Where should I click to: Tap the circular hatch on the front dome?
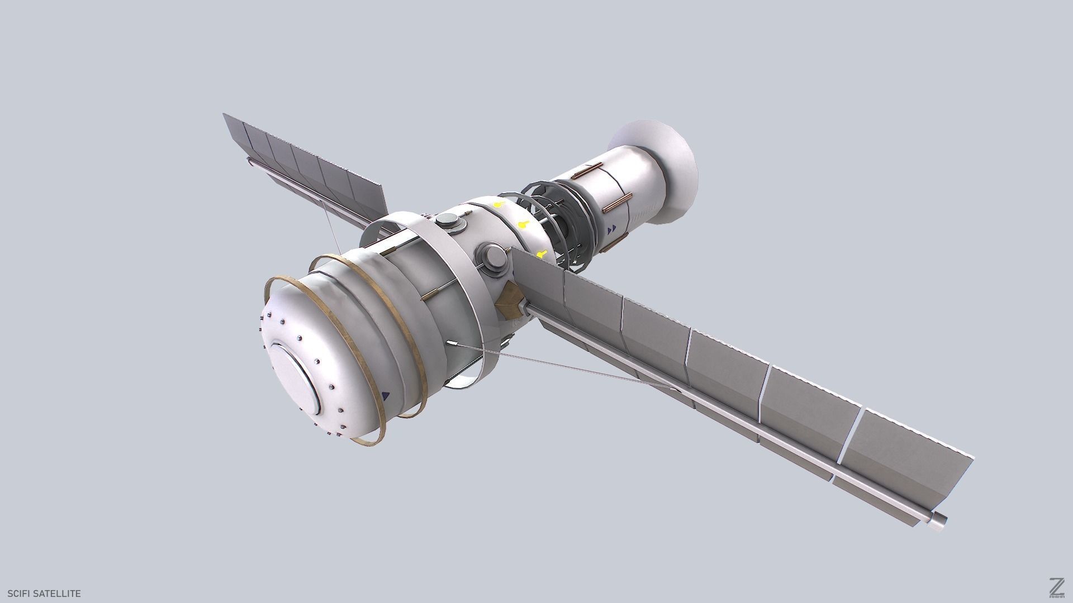tap(294, 380)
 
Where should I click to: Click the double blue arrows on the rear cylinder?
tap(613, 229)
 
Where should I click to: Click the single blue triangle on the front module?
tap(385, 396)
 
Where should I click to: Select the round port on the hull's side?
tap(493, 257)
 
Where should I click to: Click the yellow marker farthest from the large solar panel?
tap(497, 205)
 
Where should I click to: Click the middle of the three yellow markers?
tap(522, 225)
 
